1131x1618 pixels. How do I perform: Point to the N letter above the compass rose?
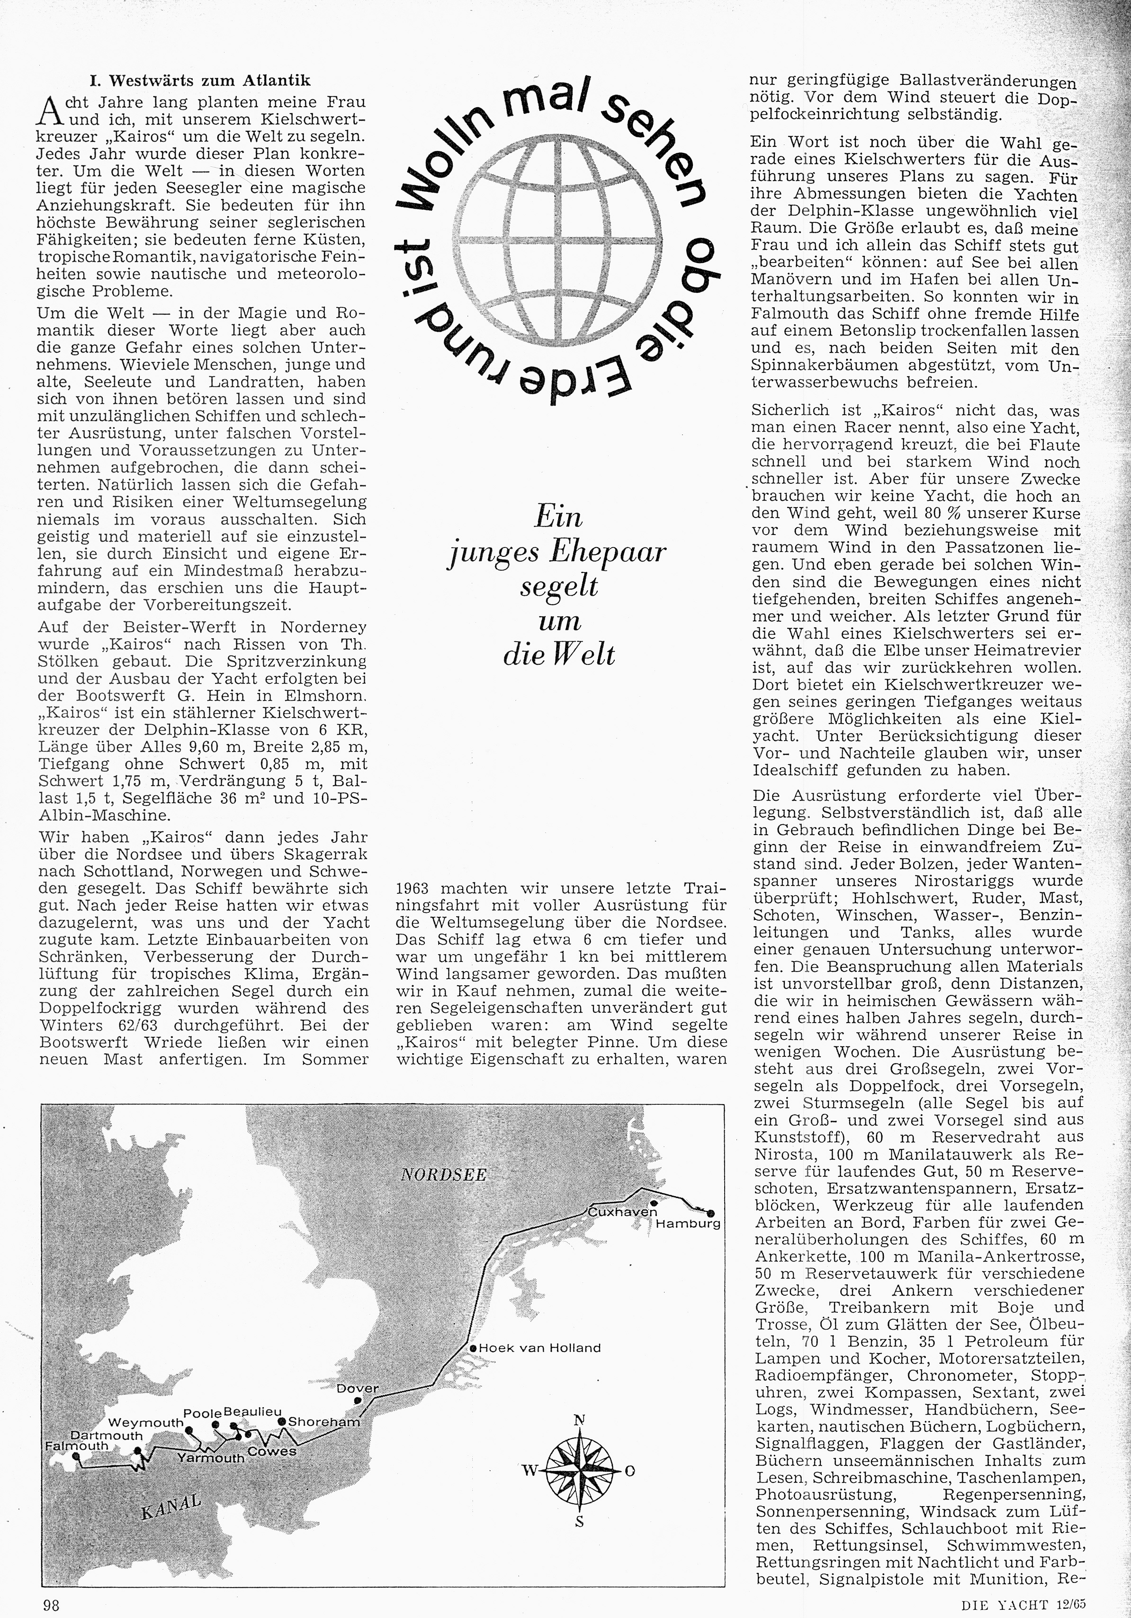[580, 1419]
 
